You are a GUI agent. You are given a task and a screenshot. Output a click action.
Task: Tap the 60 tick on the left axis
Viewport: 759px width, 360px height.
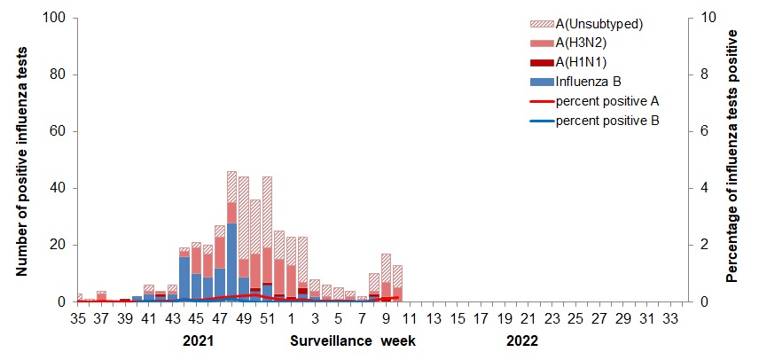point(59,131)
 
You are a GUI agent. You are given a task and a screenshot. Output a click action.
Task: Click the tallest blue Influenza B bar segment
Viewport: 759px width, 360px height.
point(231,262)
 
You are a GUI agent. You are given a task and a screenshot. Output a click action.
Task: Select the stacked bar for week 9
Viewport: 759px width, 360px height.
point(386,278)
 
